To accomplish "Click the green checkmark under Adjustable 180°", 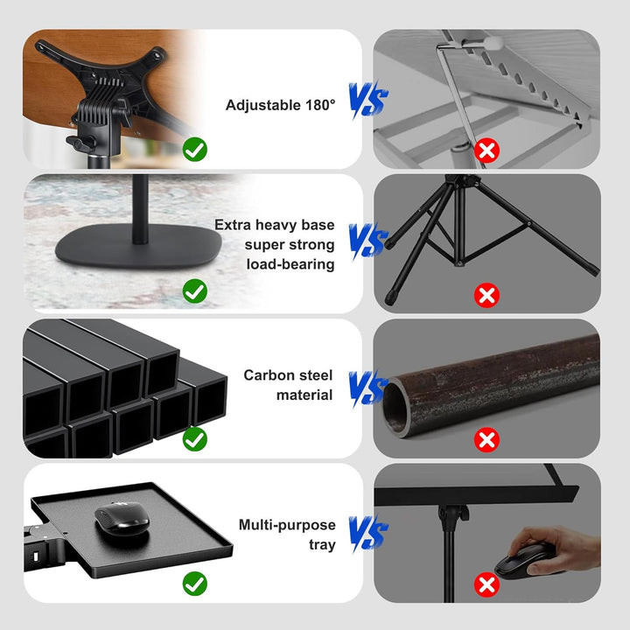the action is coord(195,150).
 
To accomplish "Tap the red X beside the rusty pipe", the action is coord(486,440).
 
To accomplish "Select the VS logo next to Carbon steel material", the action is coord(368,388).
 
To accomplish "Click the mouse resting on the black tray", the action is coord(122,518).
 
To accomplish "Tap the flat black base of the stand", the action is coord(138,246).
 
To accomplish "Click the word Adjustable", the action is coord(263,105).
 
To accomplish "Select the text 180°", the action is coord(320,105).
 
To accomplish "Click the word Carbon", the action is coord(269,375).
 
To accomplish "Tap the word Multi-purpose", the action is coord(287,525).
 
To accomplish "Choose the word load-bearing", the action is coord(290,264).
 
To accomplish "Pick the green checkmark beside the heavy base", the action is coord(195,290).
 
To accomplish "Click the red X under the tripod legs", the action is coord(486,296).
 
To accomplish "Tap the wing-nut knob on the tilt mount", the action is coord(80,143).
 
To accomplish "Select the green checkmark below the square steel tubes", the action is coord(195,439).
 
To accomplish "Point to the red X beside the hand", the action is coord(486,584).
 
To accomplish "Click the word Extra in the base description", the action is coord(233,225).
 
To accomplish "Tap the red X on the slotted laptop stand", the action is coord(486,150).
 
